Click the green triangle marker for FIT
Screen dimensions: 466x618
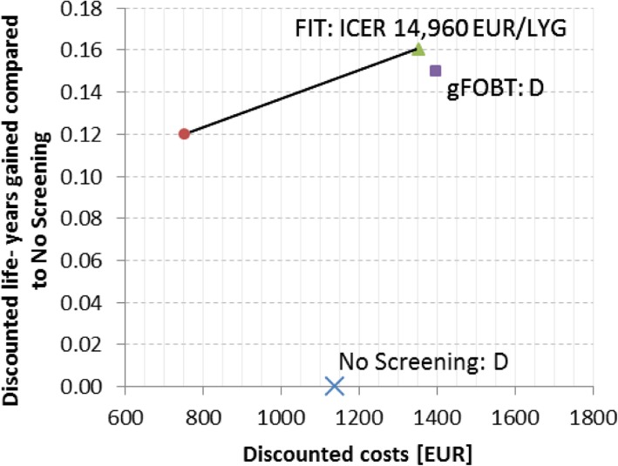tap(418, 50)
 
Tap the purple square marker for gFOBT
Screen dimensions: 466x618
tap(436, 71)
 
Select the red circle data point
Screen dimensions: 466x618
tap(184, 133)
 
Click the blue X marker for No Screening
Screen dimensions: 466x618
tap(335, 386)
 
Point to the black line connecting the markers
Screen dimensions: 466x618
tap(301, 91)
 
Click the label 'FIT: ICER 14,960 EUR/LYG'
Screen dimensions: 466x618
tap(431, 29)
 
